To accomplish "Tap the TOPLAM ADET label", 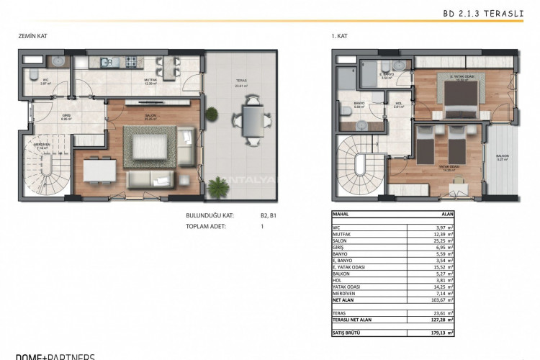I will pyautogui.click(x=206, y=226).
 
